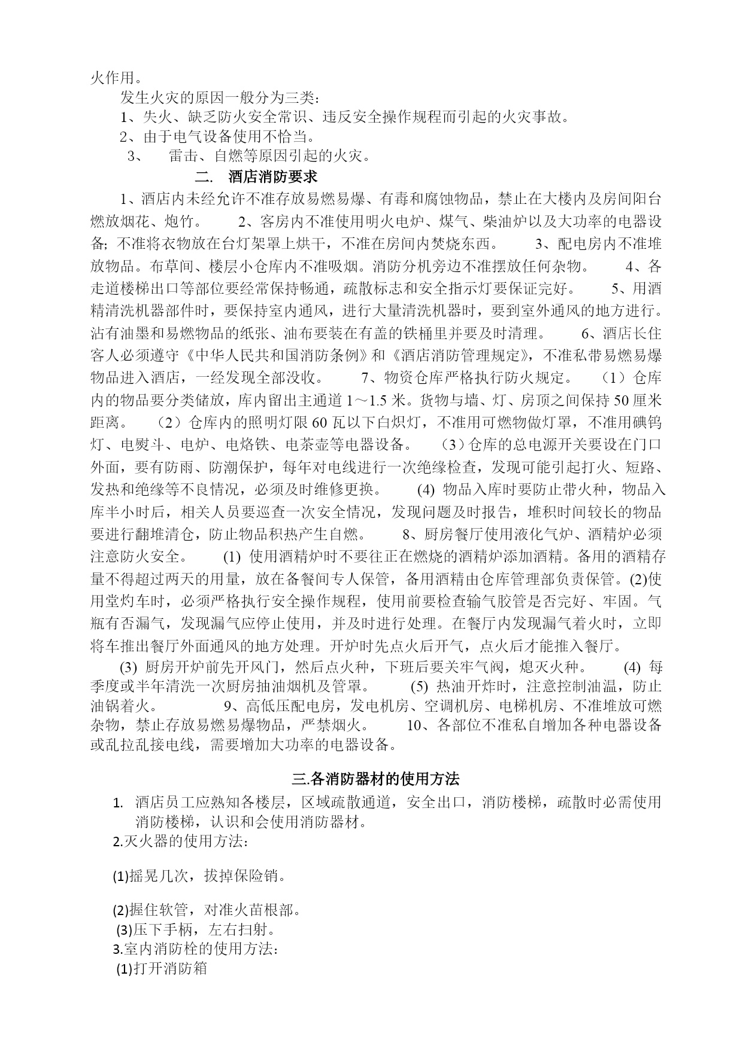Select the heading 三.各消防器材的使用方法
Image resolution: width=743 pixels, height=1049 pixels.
point(375,779)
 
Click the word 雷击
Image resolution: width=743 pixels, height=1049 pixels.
point(183,156)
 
